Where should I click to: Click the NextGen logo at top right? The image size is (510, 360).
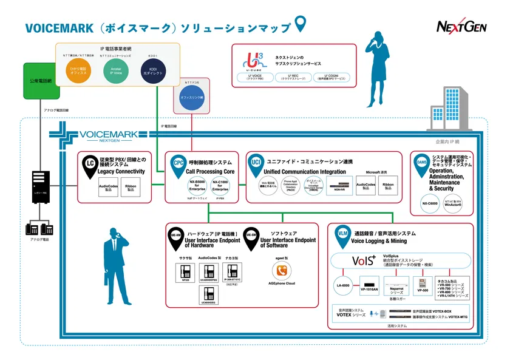[x=461, y=25]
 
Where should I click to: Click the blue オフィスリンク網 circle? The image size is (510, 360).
[x=192, y=96]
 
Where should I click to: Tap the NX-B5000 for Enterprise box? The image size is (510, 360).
[x=196, y=186]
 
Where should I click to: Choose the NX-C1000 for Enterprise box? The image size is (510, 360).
[x=220, y=186]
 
